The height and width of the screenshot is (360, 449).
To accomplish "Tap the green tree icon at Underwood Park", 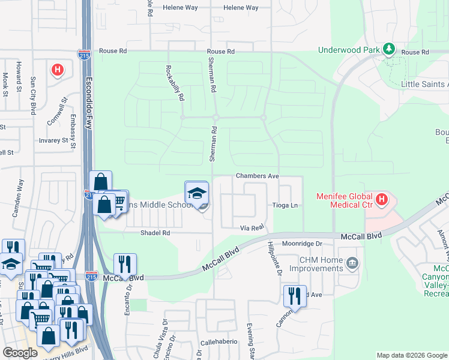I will click(x=388, y=47).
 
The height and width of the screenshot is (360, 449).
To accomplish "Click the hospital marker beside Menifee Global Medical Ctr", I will click(x=381, y=199).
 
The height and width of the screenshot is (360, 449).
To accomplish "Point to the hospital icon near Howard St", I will click(x=58, y=70).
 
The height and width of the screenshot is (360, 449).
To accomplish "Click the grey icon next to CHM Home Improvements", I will click(x=353, y=263).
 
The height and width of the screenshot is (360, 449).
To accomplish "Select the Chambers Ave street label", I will click(x=258, y=176).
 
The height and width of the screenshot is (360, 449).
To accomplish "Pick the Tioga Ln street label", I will click(x=286, y=205).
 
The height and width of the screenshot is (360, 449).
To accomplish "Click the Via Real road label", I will click(x=252, y=227).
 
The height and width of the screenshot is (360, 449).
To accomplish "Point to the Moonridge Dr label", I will click(x=303, y=244).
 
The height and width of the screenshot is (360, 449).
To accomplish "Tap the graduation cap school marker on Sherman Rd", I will click(x=196, y=194).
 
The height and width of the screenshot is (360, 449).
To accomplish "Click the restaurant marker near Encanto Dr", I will click(x=125, y=263).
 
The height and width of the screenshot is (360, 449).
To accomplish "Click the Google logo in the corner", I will click(x=20, y=353).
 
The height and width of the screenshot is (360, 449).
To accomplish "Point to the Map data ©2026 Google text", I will click(x=411, y=355).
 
